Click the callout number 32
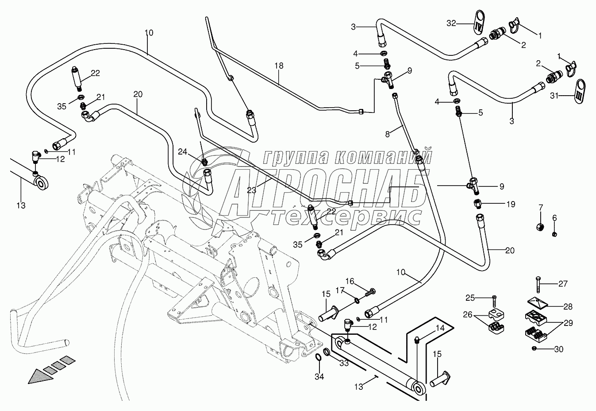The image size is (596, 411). (x=450, y=24)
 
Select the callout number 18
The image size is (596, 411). (x=278, y=66)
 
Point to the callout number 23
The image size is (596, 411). (x=251, y=191)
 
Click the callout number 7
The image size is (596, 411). (x=540, y=207)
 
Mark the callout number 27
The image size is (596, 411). (x=562, y=284)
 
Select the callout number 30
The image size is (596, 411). (x=558, y=349)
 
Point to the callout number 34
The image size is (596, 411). (x=319, y=377)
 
